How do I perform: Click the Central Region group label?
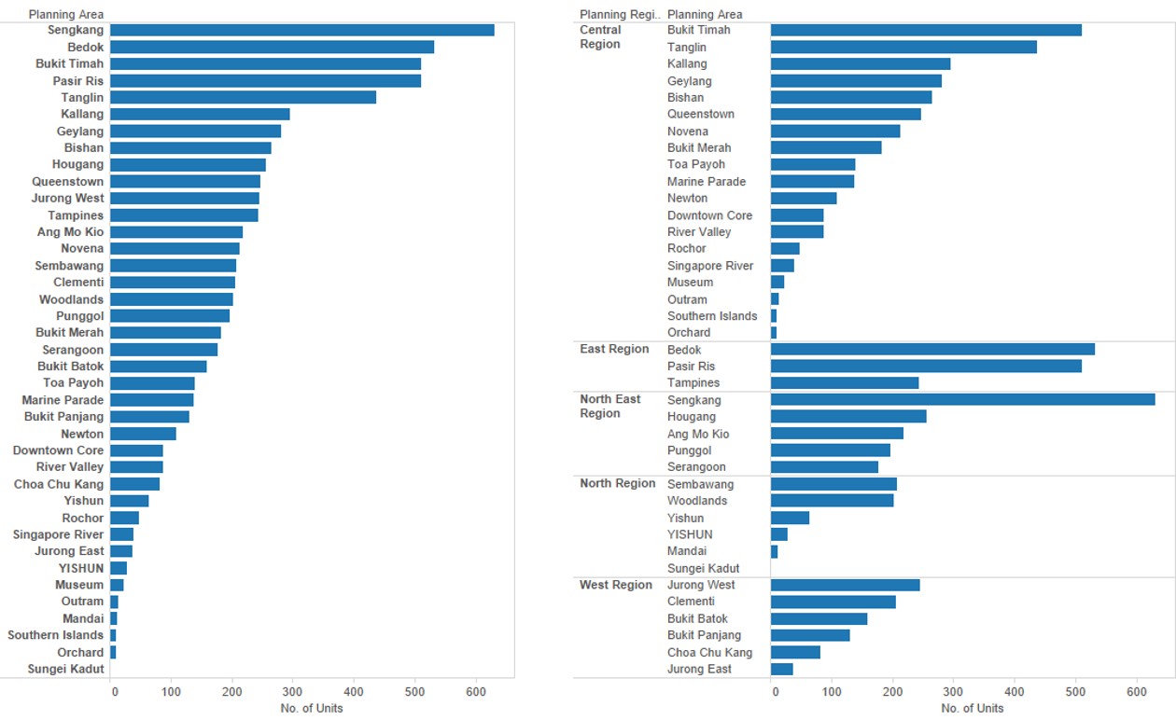point(600,37)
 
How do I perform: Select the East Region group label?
point(614,349)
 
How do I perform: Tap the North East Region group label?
point(610,407)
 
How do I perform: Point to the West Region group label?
point(616,585)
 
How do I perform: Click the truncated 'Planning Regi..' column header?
point(620,14)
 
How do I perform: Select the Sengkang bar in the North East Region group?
point(962,399)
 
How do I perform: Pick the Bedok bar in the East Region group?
point(932,349)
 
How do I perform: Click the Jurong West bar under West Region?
point(845,585)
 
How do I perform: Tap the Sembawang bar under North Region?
point(833,484)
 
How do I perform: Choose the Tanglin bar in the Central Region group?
point(903,47)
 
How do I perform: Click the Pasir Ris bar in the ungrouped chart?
point(265,81)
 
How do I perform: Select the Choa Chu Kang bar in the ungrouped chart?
point(134,484)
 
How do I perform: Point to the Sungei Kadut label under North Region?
point(703,568)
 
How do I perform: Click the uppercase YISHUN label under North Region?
point(690,534)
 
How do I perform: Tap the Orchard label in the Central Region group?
point(689,332)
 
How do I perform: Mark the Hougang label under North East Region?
point(692,417)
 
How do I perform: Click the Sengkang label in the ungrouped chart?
point(76,30)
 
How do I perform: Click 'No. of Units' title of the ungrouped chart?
point(312,708)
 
